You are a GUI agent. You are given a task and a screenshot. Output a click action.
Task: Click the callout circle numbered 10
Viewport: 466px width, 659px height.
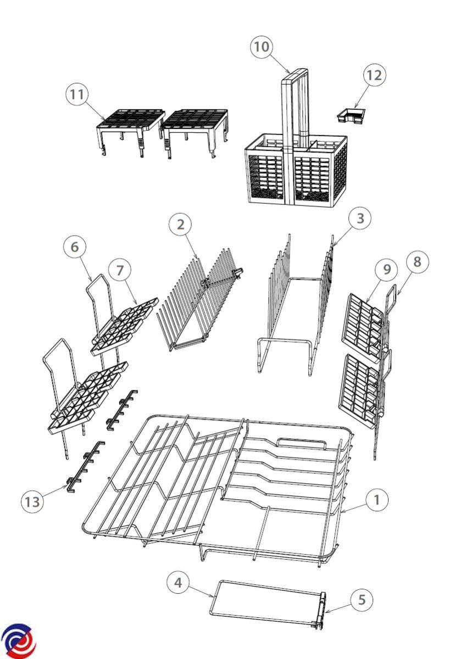tap(262, 47)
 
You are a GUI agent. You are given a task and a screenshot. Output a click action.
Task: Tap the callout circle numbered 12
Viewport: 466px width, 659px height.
tap(374, 75)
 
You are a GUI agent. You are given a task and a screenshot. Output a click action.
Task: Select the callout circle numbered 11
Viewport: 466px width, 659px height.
tap(77, 94)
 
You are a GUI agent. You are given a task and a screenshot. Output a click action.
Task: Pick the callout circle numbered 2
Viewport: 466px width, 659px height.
tap(180, 225)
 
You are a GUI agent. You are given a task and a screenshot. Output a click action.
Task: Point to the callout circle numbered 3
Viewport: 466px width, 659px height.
tap(360, 219)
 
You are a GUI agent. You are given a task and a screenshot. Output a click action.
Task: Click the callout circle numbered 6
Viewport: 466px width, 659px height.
tap(75, 247)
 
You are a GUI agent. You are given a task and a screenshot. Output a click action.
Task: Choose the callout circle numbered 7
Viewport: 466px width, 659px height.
tap(120, 270)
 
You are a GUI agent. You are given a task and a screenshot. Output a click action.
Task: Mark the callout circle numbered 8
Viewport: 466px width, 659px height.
tap(418, 262)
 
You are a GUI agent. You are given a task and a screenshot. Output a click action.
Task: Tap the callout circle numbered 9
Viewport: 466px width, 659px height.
tap(386, 270)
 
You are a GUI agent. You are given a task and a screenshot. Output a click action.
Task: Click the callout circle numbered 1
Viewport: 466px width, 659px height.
tap(377, 500)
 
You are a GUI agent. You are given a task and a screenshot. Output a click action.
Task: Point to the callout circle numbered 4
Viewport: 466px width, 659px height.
tap(178, 583)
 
